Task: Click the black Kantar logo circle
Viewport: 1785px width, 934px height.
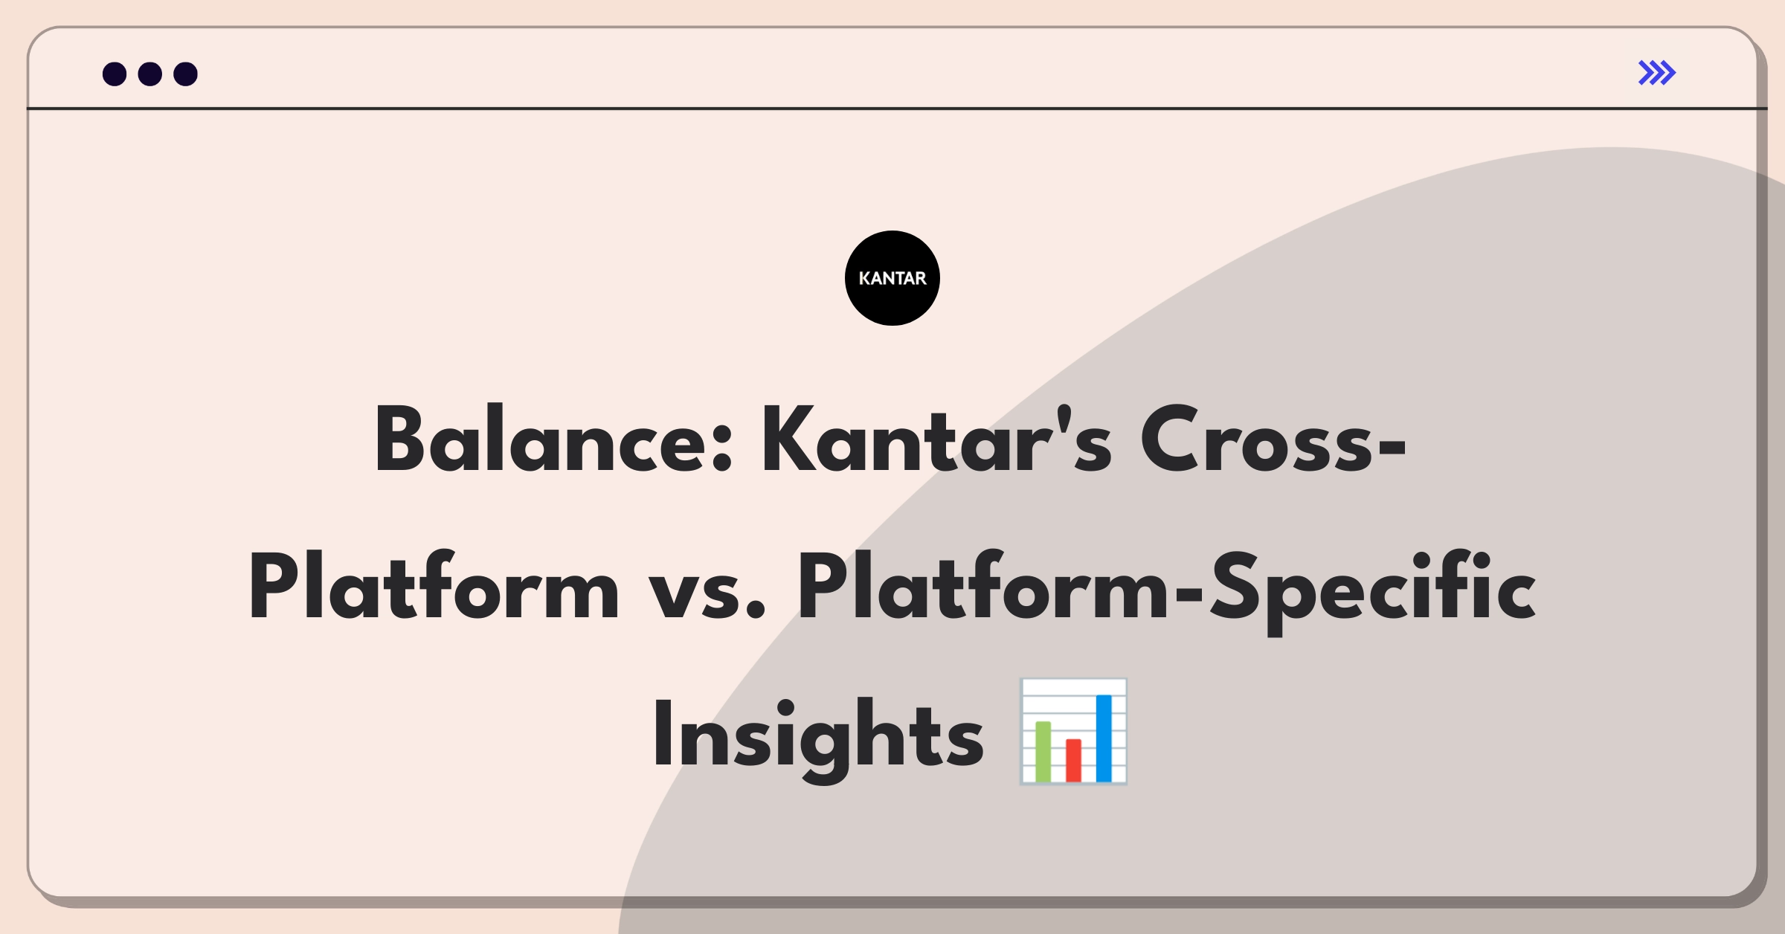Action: (892, 278)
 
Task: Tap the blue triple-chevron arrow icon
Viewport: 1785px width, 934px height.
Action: (1657, 73)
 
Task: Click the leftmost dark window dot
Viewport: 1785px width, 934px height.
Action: (115, 74)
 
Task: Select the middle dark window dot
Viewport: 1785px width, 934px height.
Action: (150, 74)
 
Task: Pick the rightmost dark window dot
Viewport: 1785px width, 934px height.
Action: (186, 74)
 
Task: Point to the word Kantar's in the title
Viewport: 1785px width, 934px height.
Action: (937, 440)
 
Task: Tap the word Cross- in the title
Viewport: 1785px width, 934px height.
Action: (1273, 440)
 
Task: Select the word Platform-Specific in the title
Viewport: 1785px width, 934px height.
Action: (1167, 591)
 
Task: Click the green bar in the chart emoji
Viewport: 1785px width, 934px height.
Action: (1043, 751)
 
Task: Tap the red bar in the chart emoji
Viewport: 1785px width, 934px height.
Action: (1073, 760)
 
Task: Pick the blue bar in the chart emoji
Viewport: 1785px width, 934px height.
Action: (1104, 738)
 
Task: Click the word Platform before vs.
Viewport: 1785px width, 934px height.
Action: (434, 586)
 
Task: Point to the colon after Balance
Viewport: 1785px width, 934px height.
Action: (722, 451)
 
